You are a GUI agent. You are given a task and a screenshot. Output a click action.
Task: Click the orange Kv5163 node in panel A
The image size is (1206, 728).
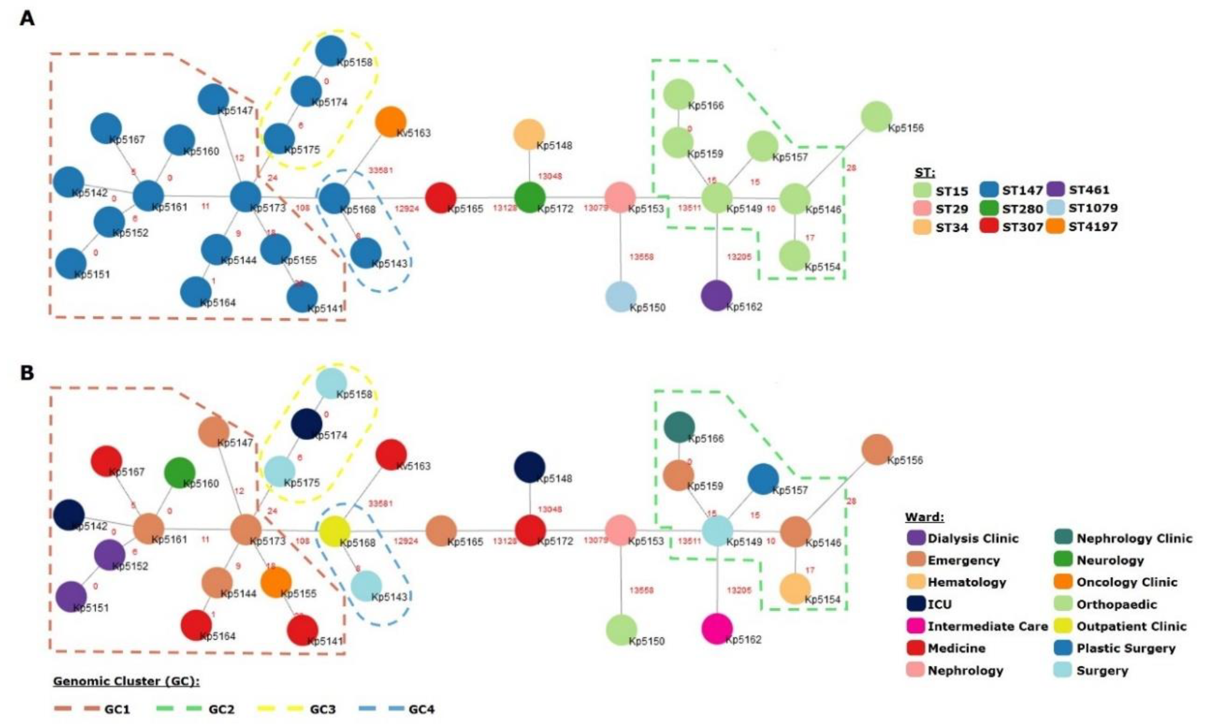pyautogui.click(x=391, y=121)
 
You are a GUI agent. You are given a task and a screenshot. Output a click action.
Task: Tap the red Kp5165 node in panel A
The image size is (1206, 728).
pyautogui.click(x=441, y=198)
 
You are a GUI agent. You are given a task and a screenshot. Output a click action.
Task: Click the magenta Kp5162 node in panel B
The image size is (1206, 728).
pyautogui.click(x=717, y=628)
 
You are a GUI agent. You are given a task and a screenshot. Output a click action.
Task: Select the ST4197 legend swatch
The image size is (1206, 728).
pyautogui.click(x=1056, y=226)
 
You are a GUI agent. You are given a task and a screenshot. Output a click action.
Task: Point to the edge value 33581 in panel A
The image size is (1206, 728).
pyautogui.click(x=380, y=170)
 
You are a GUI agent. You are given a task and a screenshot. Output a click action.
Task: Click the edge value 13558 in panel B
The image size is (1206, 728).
pyautogui.click(x=641, y=590)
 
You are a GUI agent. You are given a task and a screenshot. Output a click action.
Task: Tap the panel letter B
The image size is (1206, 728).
pyautogui.click(x=27, y=373)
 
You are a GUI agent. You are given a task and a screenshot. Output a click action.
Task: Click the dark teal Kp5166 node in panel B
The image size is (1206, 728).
pyautogui.click(x=679, y=427)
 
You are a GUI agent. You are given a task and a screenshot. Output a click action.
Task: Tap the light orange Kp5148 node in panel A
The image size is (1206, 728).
pyautogui.click(x=529, y=134)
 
